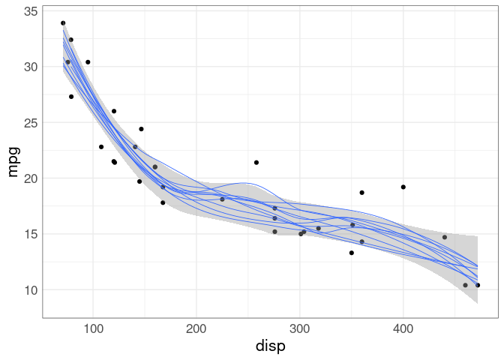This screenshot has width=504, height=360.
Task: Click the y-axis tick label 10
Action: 30,289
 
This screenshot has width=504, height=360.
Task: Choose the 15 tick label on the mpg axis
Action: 30,234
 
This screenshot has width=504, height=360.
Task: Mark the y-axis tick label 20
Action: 30,178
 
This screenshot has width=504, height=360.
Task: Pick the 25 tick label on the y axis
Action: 30,123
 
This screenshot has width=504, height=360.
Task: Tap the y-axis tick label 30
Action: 30,67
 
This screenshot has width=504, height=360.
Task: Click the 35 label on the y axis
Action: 30,11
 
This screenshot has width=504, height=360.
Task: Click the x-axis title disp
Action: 271,346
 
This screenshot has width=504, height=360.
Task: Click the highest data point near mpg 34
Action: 63,23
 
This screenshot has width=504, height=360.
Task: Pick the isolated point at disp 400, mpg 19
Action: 403,187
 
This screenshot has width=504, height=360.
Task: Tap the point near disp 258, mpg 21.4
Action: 256,162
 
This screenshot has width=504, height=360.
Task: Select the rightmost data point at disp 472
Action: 478,285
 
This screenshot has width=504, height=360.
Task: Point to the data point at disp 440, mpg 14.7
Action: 445,237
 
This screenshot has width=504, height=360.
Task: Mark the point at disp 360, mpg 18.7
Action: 361,193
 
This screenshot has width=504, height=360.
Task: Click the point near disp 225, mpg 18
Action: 222,199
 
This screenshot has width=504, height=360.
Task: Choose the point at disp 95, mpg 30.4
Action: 88,62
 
